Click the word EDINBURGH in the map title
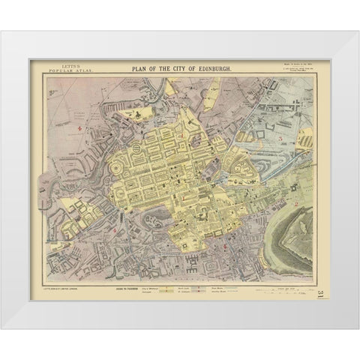tap(214, 68)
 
